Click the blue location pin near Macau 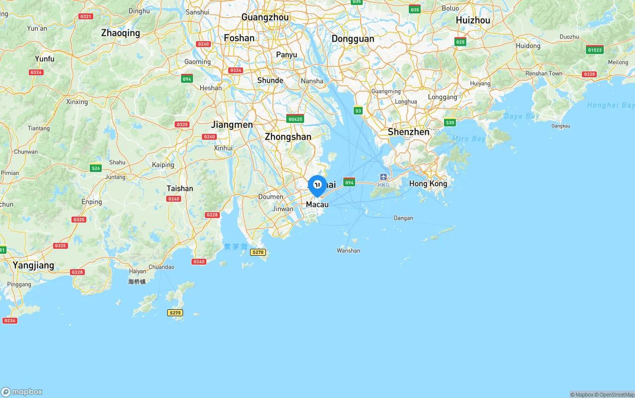pos(317,185)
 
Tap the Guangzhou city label pos(264,17)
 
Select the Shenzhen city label pos(408,132)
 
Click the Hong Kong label pos(428,184)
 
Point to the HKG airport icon pos(383,177)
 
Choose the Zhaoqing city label pos(121,33)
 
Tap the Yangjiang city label pos(33,265)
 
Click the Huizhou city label pos(473,20)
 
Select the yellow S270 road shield pos(258,252)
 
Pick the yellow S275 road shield pos(175,313)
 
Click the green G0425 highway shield pos(295,119)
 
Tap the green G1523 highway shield pos(594,50)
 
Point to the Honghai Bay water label pos(611,105)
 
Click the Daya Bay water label pos(521,116)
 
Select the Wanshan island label pos(348,251)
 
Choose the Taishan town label pos(180,188)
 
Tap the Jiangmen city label pos(232,124)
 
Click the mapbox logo pos(22,392)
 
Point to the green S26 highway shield pos(96,168)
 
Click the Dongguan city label pos(353,39)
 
